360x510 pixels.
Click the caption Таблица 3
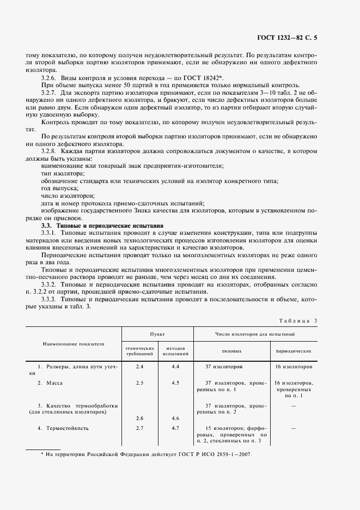(x=297, y=321)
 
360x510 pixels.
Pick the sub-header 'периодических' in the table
(x=293, y=352)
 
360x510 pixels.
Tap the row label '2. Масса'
(x=51, y=383)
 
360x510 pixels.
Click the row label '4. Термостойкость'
(x=63, y=428)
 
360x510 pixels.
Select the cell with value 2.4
(x=139, y=367)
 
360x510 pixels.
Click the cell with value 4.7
(x=175, y=428)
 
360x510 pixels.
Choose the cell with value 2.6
(x=139, y=418)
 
